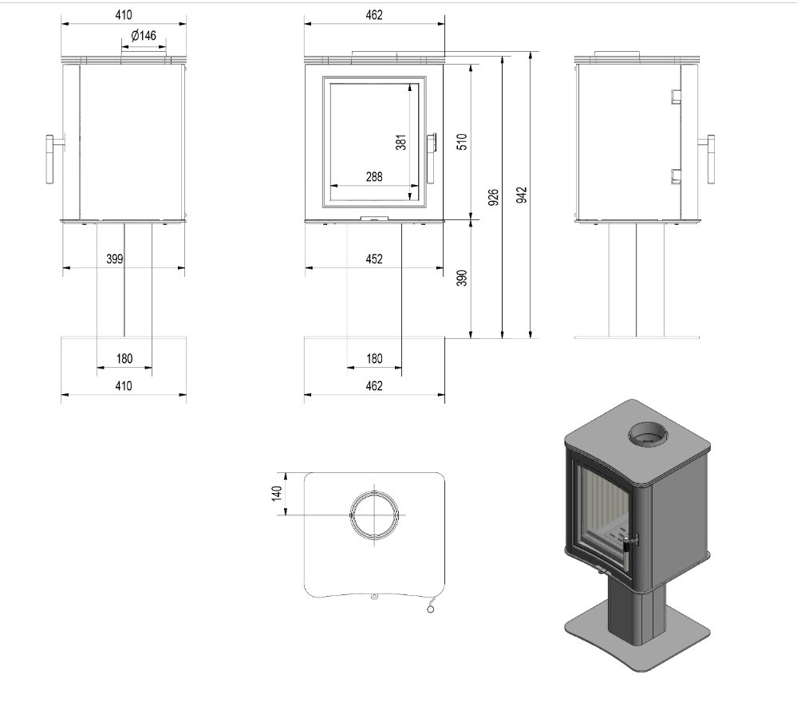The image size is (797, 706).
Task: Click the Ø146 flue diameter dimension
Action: tap(144, 36)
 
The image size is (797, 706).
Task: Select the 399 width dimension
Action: tap(115, 258)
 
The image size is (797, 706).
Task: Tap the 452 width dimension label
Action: tap(374, 258)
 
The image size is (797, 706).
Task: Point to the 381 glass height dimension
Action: tap(401, 142)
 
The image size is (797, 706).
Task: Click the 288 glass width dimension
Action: tap(374, 177)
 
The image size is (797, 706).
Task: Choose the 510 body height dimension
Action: tap(462, 141)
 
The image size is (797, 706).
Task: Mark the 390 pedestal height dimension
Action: tap(462, 278)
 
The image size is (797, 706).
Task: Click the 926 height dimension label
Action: tap(493, 197)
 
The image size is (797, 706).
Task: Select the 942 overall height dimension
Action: tap(522, 195)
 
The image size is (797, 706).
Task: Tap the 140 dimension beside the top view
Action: tap(277, 493)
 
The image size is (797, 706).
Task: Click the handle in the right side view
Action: tap(708, 159)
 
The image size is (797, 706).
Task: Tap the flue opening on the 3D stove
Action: tap(648, 435)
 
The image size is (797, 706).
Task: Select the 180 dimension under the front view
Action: tap(375, 358)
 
